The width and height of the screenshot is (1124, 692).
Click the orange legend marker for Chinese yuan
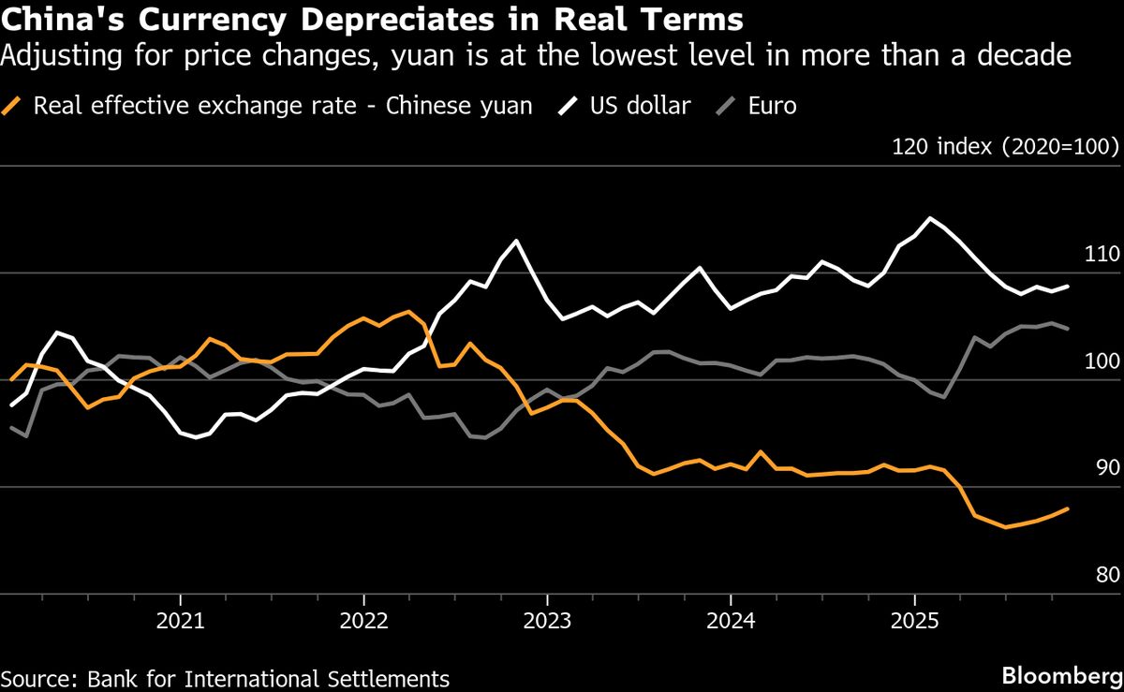[x=15, y=105]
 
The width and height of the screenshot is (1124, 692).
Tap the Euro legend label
[x=772, y=105]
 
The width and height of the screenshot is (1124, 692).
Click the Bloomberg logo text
[x=1060, y=676]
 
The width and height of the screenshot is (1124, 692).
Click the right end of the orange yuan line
[x=1069, y=508]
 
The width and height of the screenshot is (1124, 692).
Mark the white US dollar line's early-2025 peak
[x=929, y=218]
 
